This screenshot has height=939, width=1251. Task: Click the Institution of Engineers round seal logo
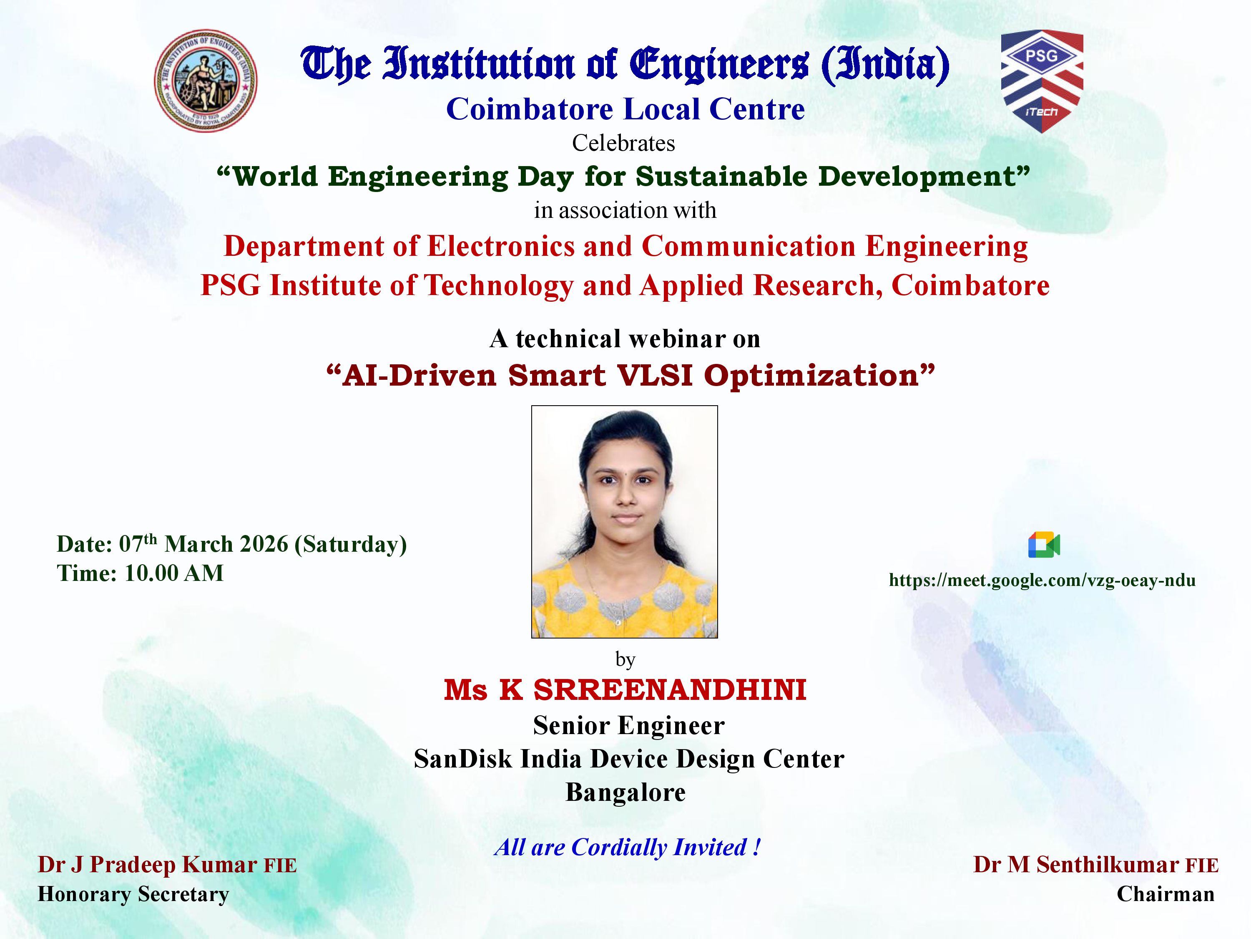click(206, 81)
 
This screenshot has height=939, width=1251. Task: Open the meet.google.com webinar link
click(1042, 580)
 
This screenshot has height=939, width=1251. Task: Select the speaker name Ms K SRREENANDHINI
click(625, 690)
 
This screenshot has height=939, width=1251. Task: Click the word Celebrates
click(624, 143)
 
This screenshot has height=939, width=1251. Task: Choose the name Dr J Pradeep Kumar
click(148, 864)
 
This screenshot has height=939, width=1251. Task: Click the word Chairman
click(1166, 894)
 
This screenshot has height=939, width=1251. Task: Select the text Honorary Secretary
click(133, 894)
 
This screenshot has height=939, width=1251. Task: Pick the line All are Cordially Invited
click(627, 847)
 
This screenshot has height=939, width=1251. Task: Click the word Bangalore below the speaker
click(625, 793)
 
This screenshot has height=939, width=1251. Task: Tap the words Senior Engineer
click(628, 726)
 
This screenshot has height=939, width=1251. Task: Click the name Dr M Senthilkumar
click(1076, 864)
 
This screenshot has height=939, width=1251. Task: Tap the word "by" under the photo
click(625, 659)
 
